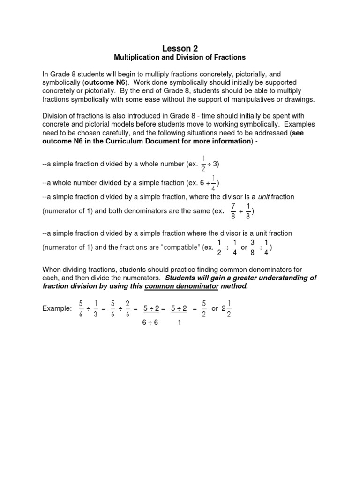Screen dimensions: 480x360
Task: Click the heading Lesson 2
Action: click(x=180, y=48)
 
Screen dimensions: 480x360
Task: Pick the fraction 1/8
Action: click(x=248, y=211)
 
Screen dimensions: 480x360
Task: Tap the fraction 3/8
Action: click(x=252, y=247)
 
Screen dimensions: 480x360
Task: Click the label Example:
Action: click(x=57, y=308)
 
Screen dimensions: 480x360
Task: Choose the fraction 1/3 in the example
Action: click(x=96, y=308)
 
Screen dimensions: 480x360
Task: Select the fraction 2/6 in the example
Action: click(x=127, y=308)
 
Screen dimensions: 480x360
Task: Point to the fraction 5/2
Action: click(x=203, y=308)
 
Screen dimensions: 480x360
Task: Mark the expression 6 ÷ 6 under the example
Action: click(x=150, y=323)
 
